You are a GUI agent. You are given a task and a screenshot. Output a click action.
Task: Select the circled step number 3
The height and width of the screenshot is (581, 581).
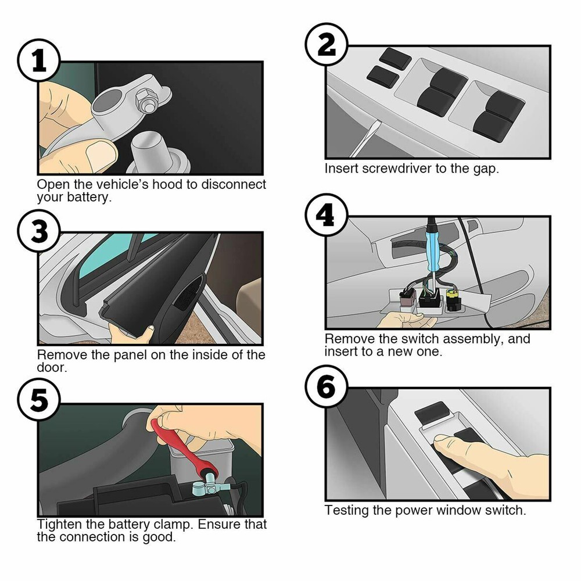point(38,232)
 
